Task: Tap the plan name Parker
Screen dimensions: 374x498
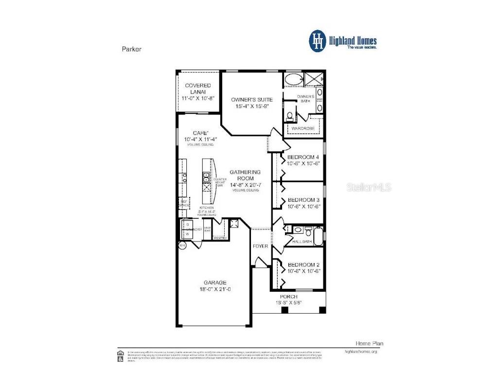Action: (131, 49)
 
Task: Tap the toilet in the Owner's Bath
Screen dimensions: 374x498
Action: (289, 116)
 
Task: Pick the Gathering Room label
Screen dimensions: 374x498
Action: (245, 175)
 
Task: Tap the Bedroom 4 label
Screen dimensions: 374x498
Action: (303, 157)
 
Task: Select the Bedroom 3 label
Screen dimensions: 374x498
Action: (303, 200)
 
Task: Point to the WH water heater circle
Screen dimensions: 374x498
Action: (182, 246)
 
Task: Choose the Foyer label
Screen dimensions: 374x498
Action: (260, 246)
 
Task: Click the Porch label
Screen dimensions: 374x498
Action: (288, 297)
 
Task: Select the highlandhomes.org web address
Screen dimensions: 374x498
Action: (360, 351)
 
